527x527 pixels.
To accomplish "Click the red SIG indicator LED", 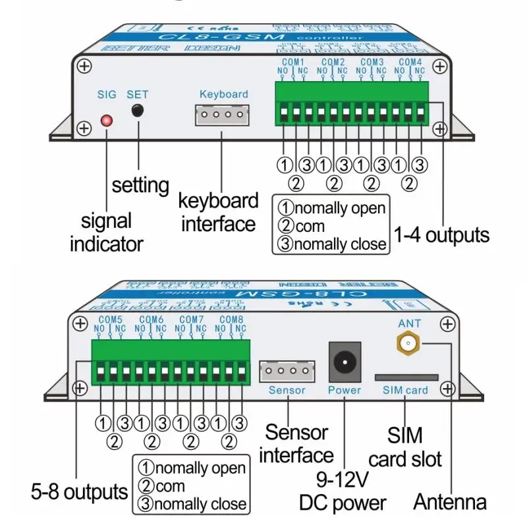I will tap(106, 121).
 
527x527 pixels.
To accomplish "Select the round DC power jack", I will tap(345, 362).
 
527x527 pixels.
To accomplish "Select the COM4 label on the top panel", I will tap(410, 62).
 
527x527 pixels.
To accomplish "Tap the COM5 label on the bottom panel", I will tap(109, 319).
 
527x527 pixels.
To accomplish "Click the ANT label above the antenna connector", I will tap(406, 323).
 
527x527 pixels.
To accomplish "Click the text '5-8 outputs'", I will tap(79, 491).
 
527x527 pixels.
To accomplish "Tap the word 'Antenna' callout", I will tap(450, 502).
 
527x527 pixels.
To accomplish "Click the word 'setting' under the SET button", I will tap(140, 184).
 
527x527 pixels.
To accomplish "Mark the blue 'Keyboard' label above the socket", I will tap(224, 94).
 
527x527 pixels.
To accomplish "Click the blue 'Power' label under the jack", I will tap(345, 390).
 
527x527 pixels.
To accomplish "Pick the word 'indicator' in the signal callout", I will tap(106, 244).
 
